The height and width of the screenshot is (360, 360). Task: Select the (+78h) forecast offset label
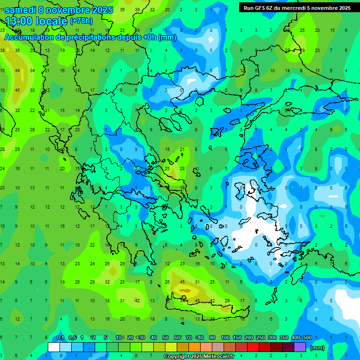click(x=82, y=21)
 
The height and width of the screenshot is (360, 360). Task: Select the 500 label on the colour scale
click(x=307, y=338)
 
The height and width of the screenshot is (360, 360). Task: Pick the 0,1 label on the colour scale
click(x=60, y=338)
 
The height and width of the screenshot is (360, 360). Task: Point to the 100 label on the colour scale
click(x=225, y=338)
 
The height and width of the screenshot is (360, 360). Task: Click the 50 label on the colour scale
click(x=165, y=338)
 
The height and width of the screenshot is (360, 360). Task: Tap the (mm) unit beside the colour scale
click(x=317, y=348)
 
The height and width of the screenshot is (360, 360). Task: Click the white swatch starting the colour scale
click(x=54, y=347)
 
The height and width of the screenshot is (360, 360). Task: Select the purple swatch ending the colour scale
click(x=300, y=347)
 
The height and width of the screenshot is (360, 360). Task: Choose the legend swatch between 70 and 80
click(x=195, y=347)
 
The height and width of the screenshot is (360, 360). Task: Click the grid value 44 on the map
click(x=18, y=70)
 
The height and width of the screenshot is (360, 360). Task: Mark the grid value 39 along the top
click(x=137, y=9)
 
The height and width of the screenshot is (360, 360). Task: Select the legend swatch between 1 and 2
click(x=89, y=347)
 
